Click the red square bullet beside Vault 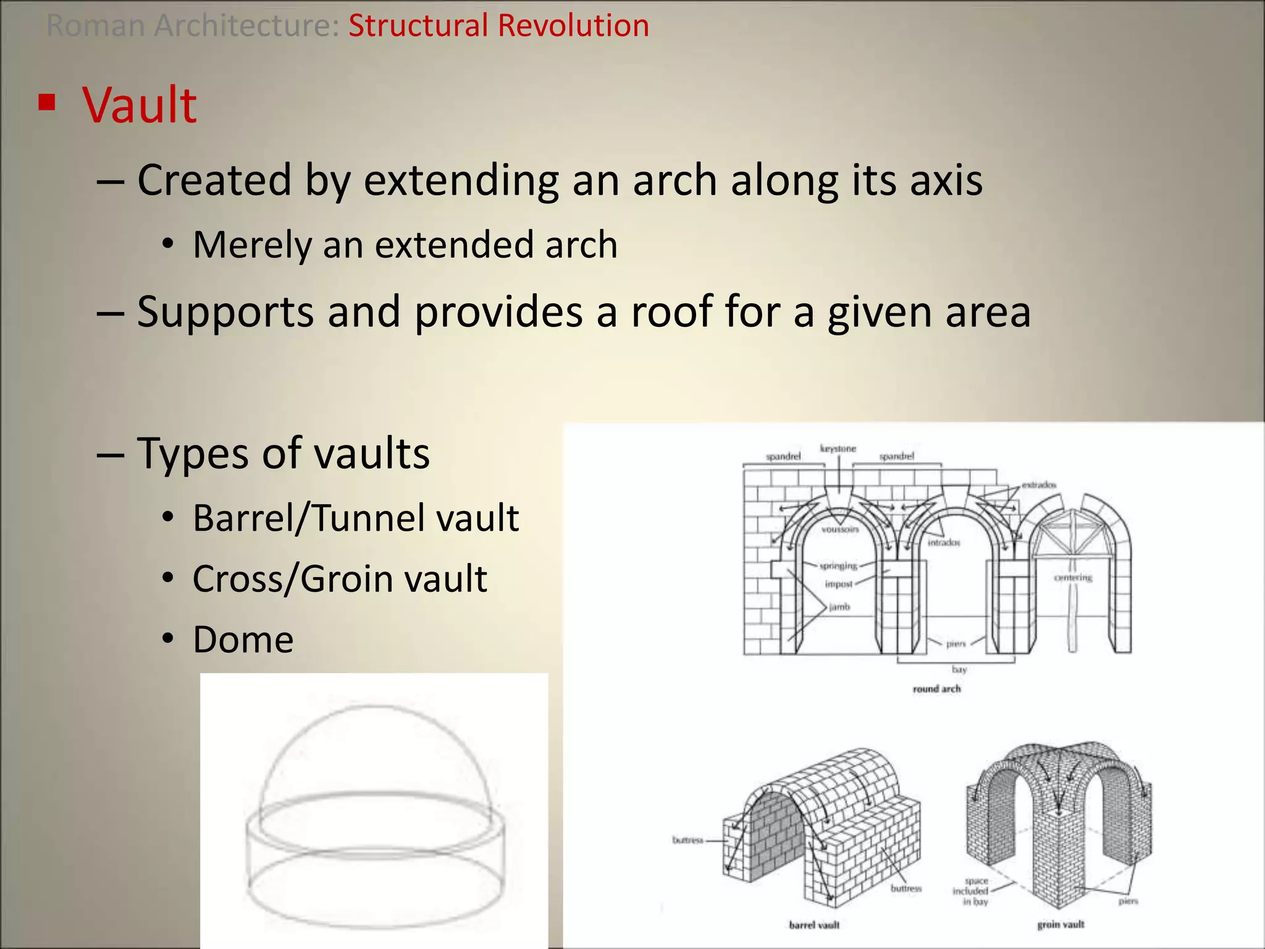click(x=47, y=102)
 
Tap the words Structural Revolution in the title click(x=498, y=26)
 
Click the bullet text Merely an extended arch click(x=405, y=245)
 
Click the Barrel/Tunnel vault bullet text click(x=355, y=518)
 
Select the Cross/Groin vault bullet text click(x=340, y=579)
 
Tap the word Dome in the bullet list click(x=243, y=639)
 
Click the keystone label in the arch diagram click(x=838, y=449)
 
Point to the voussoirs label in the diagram click(x=840, y=529)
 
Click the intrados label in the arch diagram click(x=944, y=542)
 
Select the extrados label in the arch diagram click(x=1039, y=485)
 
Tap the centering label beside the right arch click(x=1073, y=578)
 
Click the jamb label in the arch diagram click(x=839, y=607)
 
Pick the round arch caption click(x=936, y=689)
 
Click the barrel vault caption click(x=814, y=925)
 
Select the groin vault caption click(x=1061, y=924)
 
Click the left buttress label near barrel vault click(x=687, y=840)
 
